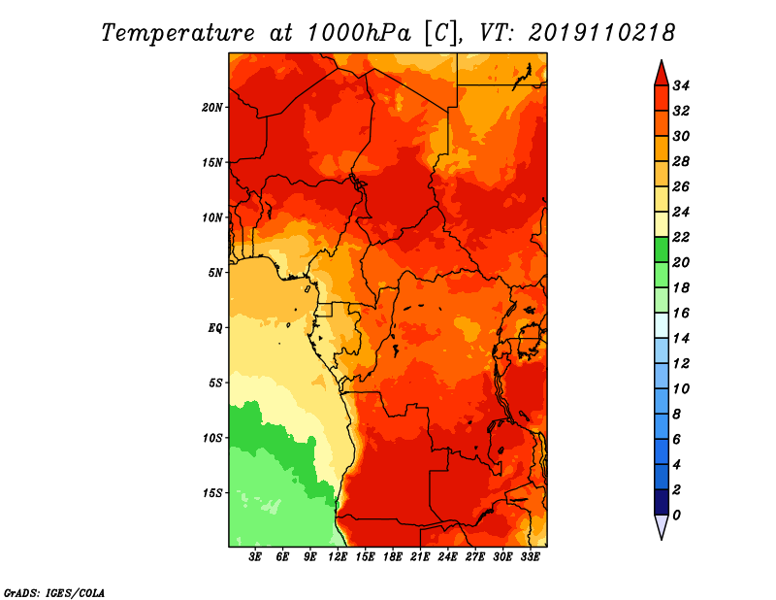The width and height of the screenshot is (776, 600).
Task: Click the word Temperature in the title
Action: pyautogui.click(x=178, y=34)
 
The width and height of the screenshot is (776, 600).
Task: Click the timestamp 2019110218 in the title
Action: pyautogui.click(x=601, y=33)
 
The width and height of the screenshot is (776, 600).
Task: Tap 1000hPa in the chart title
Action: pyautogui.click(x=359, y=33)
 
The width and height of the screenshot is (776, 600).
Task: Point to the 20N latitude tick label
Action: pyautogui.click(x=212, y=108)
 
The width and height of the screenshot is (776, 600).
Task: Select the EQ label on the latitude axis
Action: pyautogui.click(x=214, y=328)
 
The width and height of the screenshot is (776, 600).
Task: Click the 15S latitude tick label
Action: pyautogui.click(x=212, y=493)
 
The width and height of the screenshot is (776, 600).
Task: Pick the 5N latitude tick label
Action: pyautogui.click(x=215, y=273)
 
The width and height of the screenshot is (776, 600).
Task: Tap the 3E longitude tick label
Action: pyautogui.click(x=255, y=557)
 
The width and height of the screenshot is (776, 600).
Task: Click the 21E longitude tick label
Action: pyautogui.click(x=420, y=557)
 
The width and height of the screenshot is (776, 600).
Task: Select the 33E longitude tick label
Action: pyautogui.click(x=530, y=557)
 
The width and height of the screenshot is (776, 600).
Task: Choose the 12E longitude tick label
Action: pyautogui.click(x=338, y=557)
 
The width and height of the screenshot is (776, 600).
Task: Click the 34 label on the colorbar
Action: pyautogui.click(x=681, y=85)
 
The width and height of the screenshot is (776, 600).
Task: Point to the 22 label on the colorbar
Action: pyautogui.click(x=681, y=237)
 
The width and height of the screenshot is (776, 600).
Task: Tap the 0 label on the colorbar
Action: pyautogui.click(x=677, y=516)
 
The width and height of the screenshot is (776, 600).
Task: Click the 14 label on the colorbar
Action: pyautogui.click(x=681, y=339)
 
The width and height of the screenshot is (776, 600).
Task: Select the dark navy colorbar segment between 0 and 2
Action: pyautogui.click(x=662, y=502)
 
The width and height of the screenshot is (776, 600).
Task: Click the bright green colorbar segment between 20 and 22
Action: pyautogui.click(x=662, y=250)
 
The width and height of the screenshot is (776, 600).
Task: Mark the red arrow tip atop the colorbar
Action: pyautogui.click(x=662, y=60)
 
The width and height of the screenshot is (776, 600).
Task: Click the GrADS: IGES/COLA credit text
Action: pyautogui.click(x=54, y=593)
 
